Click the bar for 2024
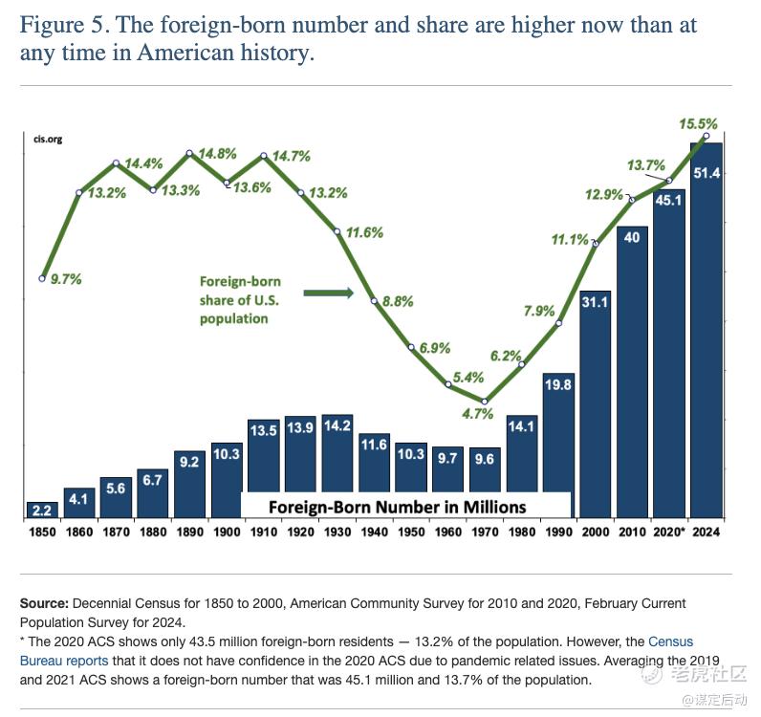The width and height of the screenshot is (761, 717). click(x=707, y=330)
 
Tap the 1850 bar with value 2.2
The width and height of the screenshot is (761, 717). click(x=42, y=510)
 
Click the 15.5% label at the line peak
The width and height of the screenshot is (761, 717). click(x=697, y=124)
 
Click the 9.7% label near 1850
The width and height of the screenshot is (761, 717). click(x=65, y=280)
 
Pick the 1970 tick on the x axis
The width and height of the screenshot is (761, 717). click(x=485, y=532)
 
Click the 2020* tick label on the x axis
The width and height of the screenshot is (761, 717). click(x=669, y=532)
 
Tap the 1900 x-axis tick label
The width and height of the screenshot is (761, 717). click(x=227, y=532)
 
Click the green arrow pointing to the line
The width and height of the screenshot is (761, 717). click(x=329, y=293)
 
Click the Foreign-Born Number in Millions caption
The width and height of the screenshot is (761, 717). click(x=397, y=507)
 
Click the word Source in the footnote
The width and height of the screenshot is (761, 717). click(x=44, y=605)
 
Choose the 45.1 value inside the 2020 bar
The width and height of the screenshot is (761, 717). click(x=669, y=200)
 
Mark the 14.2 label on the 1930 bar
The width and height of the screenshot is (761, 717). click(x=337, y=427)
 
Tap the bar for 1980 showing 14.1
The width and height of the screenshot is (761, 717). click(x=522, y=467)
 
